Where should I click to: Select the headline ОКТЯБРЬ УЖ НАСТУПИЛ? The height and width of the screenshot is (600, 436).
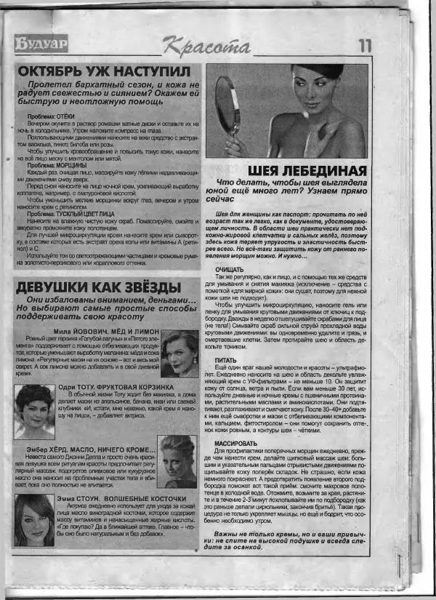pos(105,72)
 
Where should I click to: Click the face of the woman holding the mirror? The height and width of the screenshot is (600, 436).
pos(310,89)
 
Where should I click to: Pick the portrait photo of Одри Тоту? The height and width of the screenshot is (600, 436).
pos(33,401)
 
